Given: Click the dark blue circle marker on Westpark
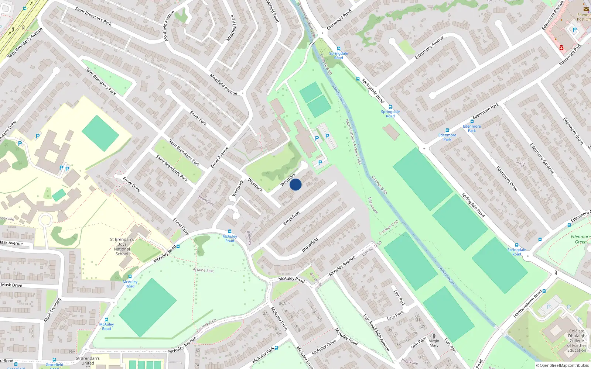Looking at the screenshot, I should [x=295, y=184].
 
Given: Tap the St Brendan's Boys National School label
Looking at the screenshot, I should [x=122, y=246].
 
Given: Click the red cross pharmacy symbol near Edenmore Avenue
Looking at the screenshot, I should [x=561, y=48].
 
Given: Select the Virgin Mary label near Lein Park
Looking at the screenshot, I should [x=434, y=343].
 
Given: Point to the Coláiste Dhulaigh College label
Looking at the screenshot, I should [x=577, y=341].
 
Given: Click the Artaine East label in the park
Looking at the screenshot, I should [x=203, y=270].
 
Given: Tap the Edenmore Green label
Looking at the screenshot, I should [x=580, y=239].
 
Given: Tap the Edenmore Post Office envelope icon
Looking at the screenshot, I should [x=586, y=10].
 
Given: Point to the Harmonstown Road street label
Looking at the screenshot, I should [x=527, y=304].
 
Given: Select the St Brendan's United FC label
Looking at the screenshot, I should [x=88, y=363].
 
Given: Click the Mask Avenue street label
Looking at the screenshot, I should [x=11, y=243].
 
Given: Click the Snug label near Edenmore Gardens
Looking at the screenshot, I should [x=520, y=162].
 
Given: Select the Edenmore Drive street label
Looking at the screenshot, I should [x=507, y=179].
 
